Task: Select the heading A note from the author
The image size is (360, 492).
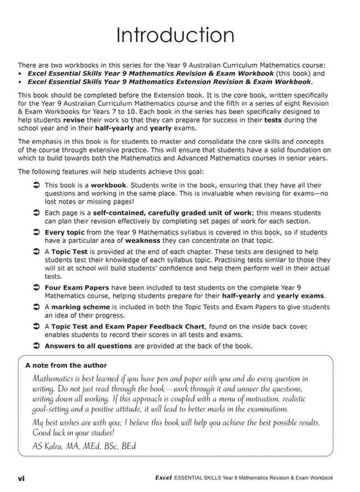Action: coord(66,365)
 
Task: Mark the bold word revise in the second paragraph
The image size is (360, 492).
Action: coord(74,120)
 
